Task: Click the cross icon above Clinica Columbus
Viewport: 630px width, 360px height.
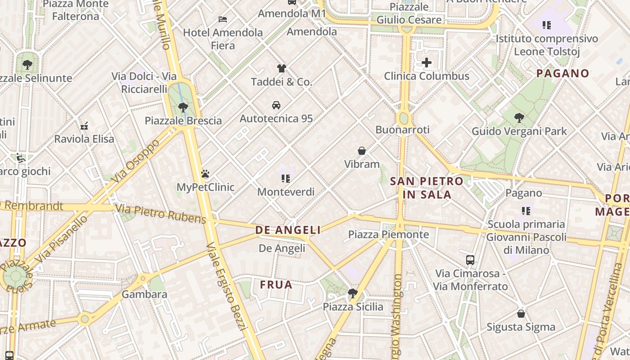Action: coord(426,63)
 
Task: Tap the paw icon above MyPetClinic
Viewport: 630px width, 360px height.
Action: coord(205,174)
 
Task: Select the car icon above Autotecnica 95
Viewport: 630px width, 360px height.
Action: coord(276,105)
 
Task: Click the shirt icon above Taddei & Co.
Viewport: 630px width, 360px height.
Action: coord(281,68)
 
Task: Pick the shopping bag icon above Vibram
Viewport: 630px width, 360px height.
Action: coord(362,151)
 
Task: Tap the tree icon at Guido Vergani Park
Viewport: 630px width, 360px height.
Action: coord(519,118)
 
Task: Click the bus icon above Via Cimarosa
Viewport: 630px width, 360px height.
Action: coord(470,260)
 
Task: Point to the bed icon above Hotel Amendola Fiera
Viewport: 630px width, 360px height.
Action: coord(223,19)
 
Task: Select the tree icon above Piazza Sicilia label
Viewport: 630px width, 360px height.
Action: coord(353,293)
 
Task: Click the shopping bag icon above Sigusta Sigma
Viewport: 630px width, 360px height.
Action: coord(521,313)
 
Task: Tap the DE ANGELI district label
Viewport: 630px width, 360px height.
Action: coord(288,230)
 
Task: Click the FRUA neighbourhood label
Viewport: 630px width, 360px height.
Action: coord(276,284)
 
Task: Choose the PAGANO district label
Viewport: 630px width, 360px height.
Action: coord(562,73)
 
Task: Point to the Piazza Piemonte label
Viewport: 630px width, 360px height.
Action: coord(388,234)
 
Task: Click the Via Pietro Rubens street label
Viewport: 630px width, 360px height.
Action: coord(161,214)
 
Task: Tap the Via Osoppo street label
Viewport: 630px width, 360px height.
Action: coord(137,161)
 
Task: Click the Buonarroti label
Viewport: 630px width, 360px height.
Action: coord(402,130)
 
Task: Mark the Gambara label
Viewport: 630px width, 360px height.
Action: coord(144,294)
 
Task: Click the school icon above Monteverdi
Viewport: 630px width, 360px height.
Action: coord(286,178)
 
